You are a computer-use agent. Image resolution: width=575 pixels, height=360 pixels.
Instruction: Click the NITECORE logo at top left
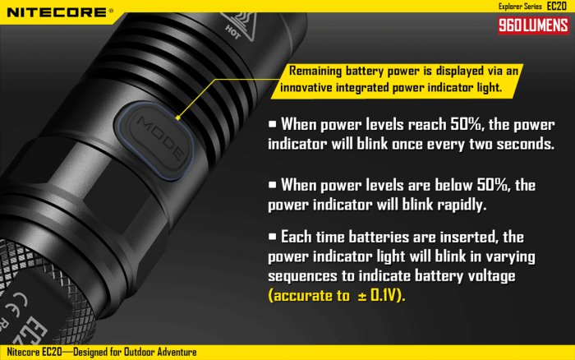click(60, 12)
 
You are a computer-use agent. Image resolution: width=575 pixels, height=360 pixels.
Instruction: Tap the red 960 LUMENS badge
click(533, 25)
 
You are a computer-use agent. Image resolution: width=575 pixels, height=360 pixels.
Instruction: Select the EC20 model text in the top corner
click(557, 6)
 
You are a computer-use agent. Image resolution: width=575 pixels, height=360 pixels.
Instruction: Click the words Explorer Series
click(520, 7)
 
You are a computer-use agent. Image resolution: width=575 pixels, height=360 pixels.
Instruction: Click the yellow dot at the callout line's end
click(178, 118)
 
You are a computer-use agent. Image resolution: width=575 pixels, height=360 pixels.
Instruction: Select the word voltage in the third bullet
click(493, 276)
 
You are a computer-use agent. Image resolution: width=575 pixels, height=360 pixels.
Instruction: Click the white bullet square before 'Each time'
click(272, 237)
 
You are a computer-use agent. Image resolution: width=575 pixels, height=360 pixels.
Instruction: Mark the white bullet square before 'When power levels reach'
click(272, 124)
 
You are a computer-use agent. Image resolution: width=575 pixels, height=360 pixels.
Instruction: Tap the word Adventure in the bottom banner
click(177, 353)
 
